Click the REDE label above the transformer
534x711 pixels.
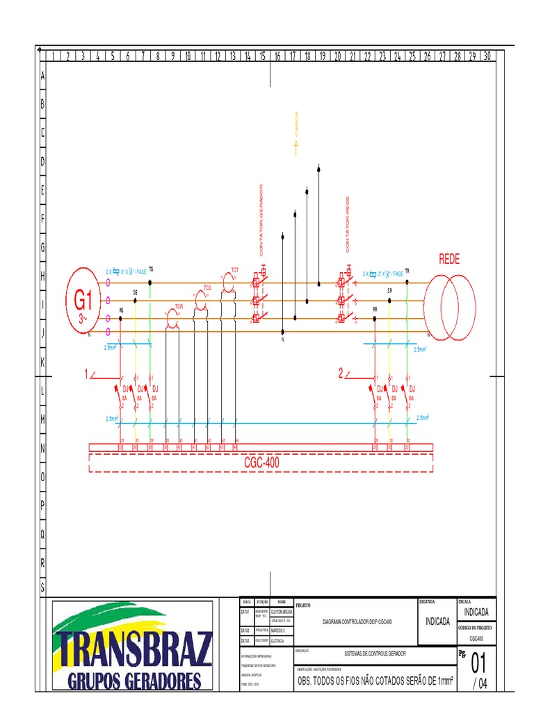coord(449,259)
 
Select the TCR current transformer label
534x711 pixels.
coord(179,306)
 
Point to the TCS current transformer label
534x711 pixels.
coord(207,287)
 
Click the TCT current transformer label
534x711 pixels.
coord(234,269)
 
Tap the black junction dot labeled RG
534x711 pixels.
coord(122,318)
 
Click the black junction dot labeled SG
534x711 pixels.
coord(136,301)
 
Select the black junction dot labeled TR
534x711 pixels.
coord(407,282)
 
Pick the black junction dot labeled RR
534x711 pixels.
coord(375,318)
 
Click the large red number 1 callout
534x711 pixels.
coord(88,375)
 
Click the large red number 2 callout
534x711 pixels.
coord(341,375)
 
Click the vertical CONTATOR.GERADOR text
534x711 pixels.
coord(262,218)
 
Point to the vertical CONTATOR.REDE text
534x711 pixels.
coord(347,224)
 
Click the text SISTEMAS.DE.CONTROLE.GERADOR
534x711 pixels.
coord(375,653)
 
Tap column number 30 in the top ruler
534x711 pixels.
coord(487,56)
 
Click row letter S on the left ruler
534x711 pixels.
coord(42,587)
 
